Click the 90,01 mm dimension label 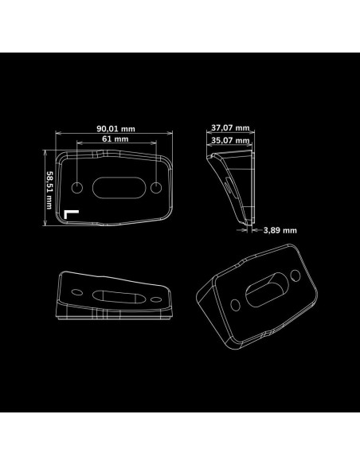click(115, 129)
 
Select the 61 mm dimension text click(115, 139)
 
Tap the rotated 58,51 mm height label click(49, 190)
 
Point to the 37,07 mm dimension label click(230, 128)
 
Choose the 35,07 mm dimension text click(230, 140)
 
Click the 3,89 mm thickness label click(280, 230)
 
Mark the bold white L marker click(71, 214)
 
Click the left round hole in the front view click(77, 188)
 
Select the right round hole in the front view click(156, 188)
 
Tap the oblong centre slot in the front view click(119, 188)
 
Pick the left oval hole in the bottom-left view click(77, 292)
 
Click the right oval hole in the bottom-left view click(156, 299)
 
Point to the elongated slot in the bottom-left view click(119, 297)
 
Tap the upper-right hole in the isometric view click(295, 275)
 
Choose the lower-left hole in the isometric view click(236, 305)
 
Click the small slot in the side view click(229, 186)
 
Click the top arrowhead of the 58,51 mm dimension click(45, 152)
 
